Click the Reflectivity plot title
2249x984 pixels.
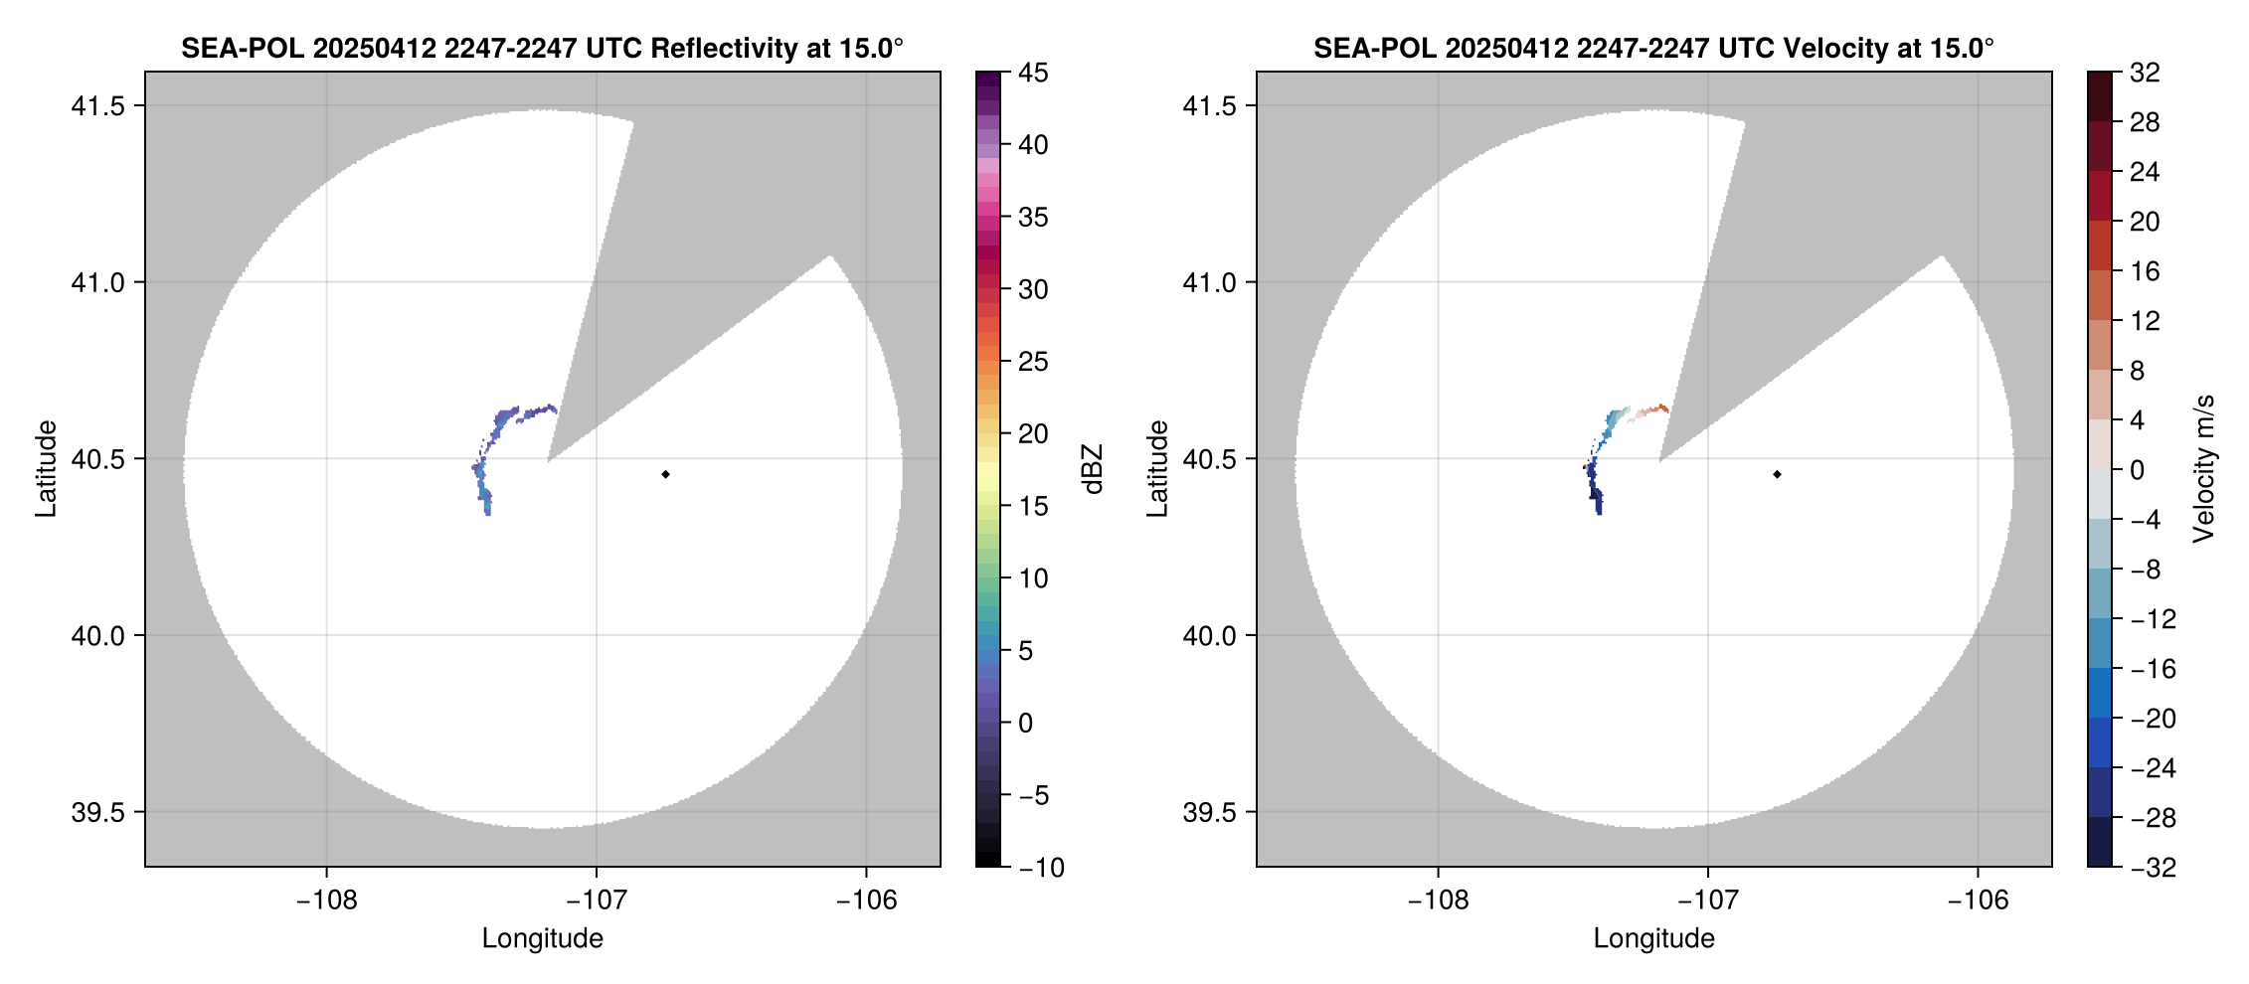click(x=542, y=48)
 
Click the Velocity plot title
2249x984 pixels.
click(x=1653, y=48)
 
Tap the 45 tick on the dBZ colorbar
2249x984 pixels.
click(x=1033, y=73)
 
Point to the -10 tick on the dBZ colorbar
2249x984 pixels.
click(x=1041, y=868)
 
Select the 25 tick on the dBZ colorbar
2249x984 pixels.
click(x=1033, y=362)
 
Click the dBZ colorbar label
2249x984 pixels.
click(x=1093, y=469)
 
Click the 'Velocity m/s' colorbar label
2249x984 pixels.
click(x=2204, y=469)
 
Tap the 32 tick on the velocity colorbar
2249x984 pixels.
click(x=2145, y=73)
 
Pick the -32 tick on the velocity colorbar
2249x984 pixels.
click(x=2153, y=868)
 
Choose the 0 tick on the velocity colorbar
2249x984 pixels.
click(x=2137, y=470)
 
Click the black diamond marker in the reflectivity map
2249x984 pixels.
click(x=665, y=474)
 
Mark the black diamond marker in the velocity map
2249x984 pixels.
click(x=1777, y=474)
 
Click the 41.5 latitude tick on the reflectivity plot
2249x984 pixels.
click(x=97, y=106)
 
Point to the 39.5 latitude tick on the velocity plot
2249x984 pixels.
click(x=1209, y=812)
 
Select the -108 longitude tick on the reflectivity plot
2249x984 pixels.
click(x=326, y=901)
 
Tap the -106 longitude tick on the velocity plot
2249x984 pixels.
click(x=1978, y=901)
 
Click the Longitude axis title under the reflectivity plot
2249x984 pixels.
click(x=542, y=938)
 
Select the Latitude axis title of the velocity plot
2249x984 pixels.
click(x=1156, y=469)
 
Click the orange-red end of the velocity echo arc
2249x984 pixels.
click(x=1661, y=409)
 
